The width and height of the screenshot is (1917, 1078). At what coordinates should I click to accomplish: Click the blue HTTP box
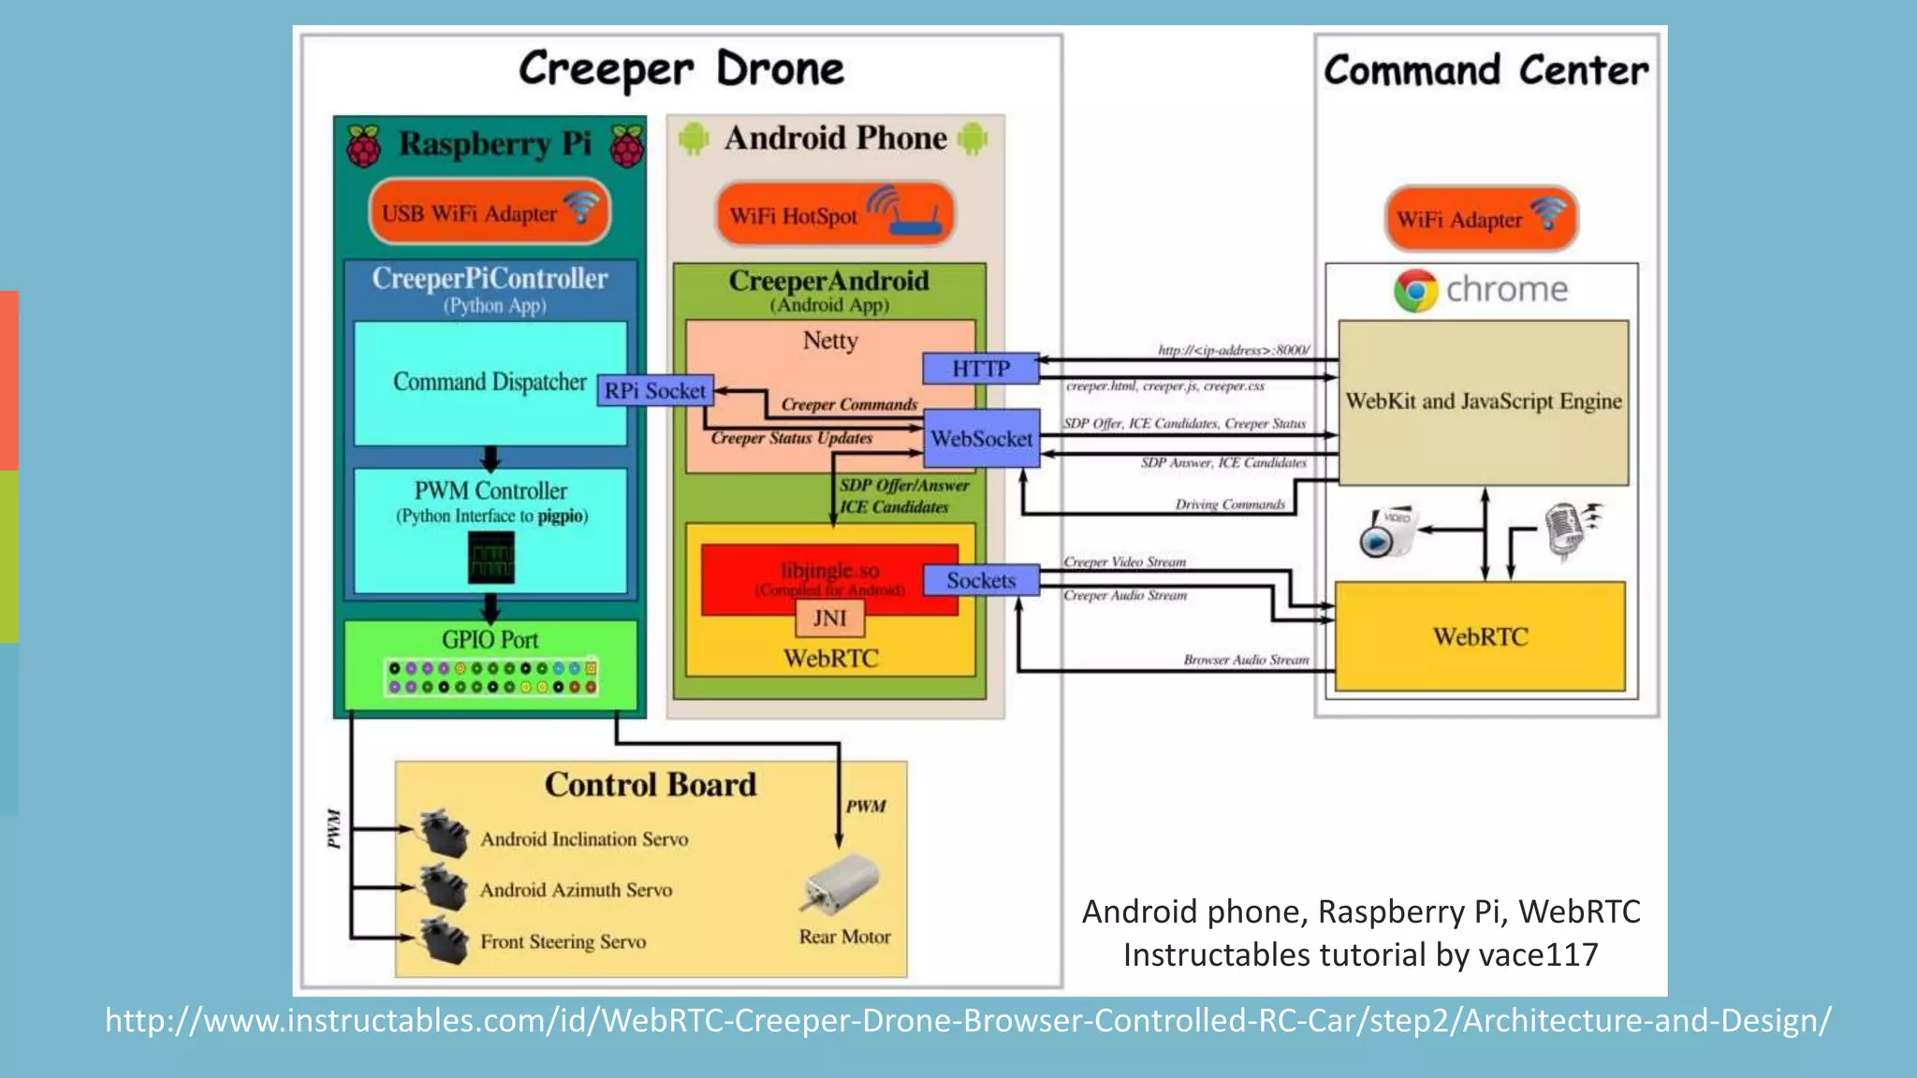(980, 369)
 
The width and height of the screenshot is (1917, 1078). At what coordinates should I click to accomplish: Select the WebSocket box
(981, 438)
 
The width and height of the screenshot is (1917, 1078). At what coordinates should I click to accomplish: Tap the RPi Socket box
(654, 391)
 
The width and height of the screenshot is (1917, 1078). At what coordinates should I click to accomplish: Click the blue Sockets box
(980, 580)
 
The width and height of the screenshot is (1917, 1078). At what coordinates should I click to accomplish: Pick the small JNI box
(829, 619)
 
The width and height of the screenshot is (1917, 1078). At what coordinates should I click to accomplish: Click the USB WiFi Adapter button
(490, 212)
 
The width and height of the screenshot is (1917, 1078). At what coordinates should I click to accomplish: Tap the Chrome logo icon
(1415, 291)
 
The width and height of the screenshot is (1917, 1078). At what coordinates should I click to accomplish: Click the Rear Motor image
(841, 882)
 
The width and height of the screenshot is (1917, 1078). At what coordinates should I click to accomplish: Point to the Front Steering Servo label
(563, 941)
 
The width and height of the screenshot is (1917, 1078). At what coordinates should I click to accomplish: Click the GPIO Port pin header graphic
(491, 678)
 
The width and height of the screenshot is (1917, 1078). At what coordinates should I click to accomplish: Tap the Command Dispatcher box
(489, 382)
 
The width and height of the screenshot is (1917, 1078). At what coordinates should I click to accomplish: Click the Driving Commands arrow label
(1229, 504)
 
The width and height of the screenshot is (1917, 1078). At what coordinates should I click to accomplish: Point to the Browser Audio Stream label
(1245, 660)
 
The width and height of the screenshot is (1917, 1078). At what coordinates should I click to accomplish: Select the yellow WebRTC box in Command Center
(1479, 636)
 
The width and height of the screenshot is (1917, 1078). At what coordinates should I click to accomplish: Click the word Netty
(829, 341)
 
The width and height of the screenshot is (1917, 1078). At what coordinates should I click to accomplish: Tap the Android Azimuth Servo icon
(444, 887)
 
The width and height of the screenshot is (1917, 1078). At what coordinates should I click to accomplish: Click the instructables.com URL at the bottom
(967, 1020)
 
